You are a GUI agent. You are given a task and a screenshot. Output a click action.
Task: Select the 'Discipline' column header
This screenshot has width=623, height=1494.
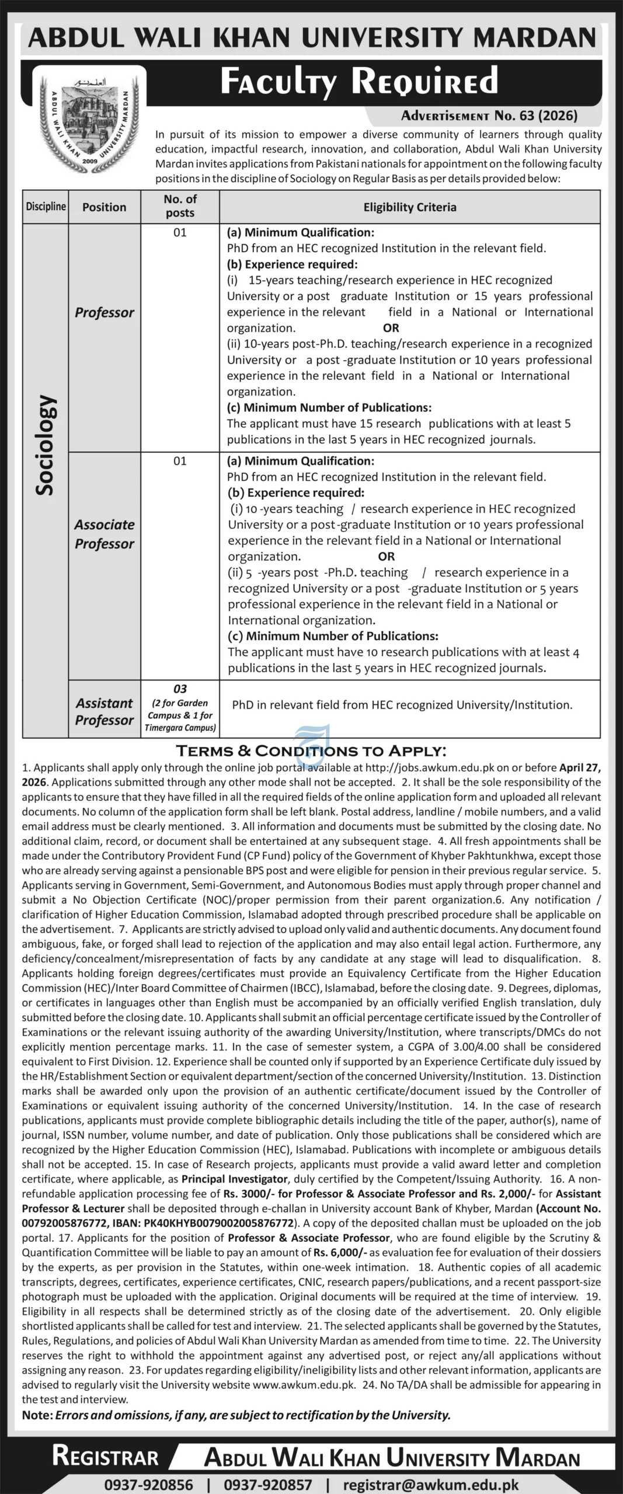[x=46, y=207]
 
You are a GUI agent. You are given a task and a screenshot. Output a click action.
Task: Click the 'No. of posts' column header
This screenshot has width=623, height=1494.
[x=180, y=206]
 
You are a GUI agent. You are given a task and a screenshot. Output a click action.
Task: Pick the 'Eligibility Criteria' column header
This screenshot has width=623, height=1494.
[x=410, y=207]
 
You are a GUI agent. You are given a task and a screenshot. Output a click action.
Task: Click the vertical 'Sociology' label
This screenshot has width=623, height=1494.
[x=46, y=446]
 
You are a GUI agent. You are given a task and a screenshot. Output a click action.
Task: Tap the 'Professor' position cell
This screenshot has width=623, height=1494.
[x=105, y=313]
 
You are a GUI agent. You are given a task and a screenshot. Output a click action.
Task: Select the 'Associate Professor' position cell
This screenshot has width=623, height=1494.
[x=105, y=534]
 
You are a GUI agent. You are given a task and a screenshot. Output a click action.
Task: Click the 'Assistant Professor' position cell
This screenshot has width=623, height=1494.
[x=105, y=711]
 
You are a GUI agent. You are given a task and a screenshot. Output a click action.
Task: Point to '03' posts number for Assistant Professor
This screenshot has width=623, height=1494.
[x=180, y=689]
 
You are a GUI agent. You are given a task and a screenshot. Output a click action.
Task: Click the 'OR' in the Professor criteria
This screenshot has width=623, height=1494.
[x=391, y=328]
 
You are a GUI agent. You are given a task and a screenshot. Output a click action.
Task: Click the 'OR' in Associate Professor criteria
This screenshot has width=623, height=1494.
[x=387, y=556]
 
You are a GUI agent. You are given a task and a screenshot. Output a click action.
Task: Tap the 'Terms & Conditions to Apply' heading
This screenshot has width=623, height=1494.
[x=311, y=751]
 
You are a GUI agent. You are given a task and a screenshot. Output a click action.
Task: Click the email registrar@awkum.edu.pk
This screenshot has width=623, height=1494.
[x=431, y=1480]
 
